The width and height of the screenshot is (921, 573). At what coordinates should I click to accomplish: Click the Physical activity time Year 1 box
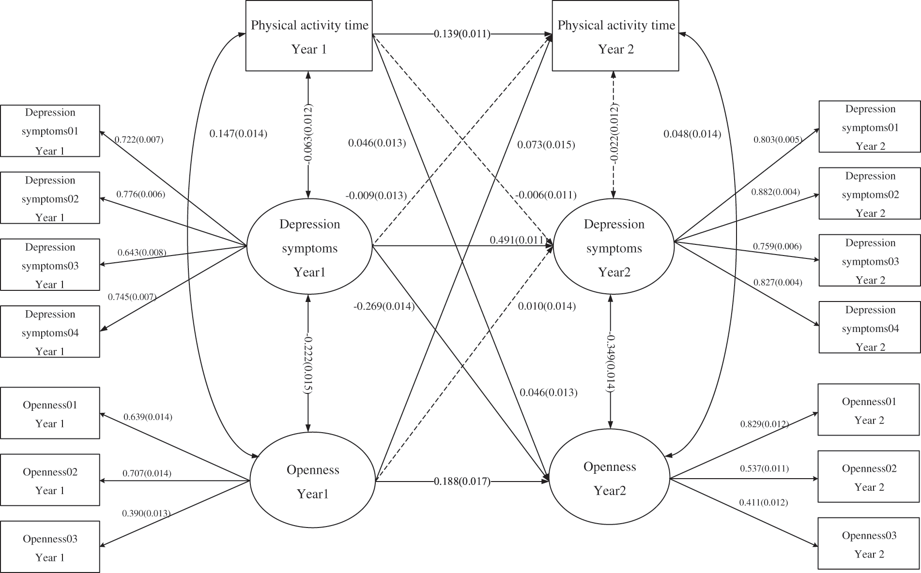(309, 36)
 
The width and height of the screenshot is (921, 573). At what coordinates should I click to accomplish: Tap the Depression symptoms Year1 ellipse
(309, 248)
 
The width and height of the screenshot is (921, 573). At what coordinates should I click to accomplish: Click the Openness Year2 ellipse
(609, 479)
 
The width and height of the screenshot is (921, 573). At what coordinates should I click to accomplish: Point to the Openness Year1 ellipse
(313, 482)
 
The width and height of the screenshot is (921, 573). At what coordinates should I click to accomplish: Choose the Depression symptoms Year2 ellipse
(614, 248)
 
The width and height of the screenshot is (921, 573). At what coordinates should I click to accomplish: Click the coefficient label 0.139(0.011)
(462, 34)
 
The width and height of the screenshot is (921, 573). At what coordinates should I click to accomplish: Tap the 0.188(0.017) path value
(462, 482)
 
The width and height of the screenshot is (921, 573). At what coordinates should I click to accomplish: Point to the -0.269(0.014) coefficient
(384, 306)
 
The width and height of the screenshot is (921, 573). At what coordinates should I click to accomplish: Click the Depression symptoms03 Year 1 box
(50, 265)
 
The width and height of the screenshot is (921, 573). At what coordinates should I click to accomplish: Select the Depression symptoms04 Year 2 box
(870, 328)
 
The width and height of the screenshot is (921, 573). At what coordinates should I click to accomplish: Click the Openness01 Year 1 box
(50, 413)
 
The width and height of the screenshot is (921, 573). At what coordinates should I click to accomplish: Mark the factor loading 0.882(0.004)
(775, 192)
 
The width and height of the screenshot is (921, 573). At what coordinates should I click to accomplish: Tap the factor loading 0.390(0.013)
(146, 513)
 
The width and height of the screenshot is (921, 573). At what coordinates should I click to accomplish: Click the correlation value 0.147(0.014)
(238, 134)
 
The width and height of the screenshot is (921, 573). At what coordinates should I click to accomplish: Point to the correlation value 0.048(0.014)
(692, 134)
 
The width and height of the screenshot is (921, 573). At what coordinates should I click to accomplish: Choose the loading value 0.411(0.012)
(763, 502)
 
